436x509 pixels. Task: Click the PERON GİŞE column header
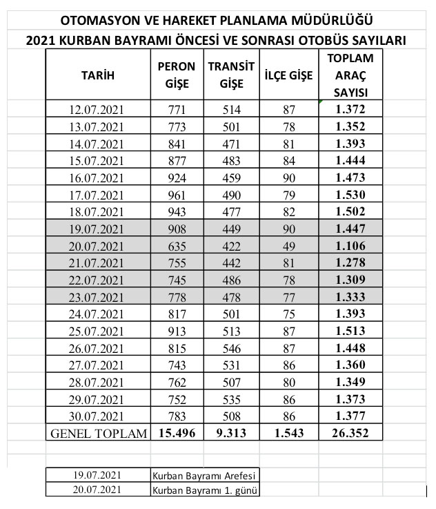coord(177,75)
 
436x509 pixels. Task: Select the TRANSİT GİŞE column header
coord(231,75)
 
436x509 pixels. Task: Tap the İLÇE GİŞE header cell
coord(288,75)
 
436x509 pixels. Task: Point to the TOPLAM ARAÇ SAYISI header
coord(350,75)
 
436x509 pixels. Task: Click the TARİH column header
coord(98,75)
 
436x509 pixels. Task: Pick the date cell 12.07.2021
coord(98,109)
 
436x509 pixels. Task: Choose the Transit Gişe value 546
coord(231,365)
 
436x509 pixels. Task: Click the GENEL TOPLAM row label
coord(98,434)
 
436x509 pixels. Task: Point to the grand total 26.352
coord(350,434)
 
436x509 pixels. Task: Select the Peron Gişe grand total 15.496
coord(177,434)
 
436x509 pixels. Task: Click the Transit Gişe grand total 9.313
coord(231,434)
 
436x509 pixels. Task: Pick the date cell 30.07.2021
coord(98,416)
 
